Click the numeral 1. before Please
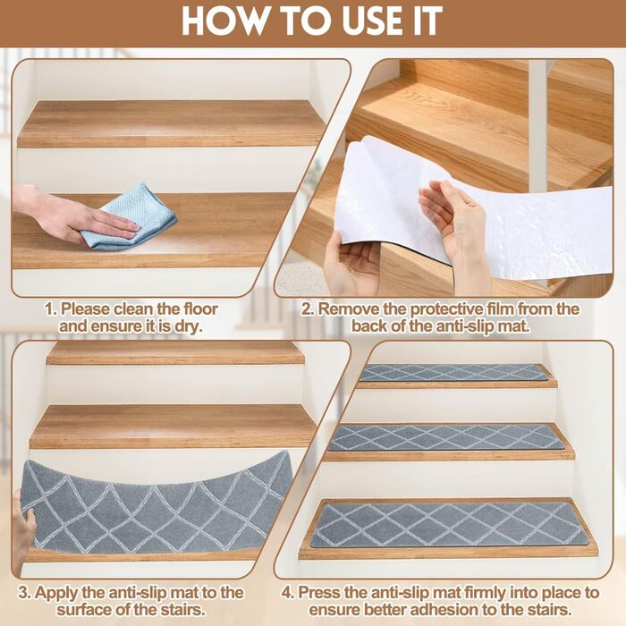[x=50, y=309]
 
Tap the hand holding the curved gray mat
[x=22, y=531]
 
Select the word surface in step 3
[x=83, y=611]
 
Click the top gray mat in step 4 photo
[x=453, y=373]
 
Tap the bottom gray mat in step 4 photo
[x=447, y=526]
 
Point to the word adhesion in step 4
[x=447, y=611]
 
